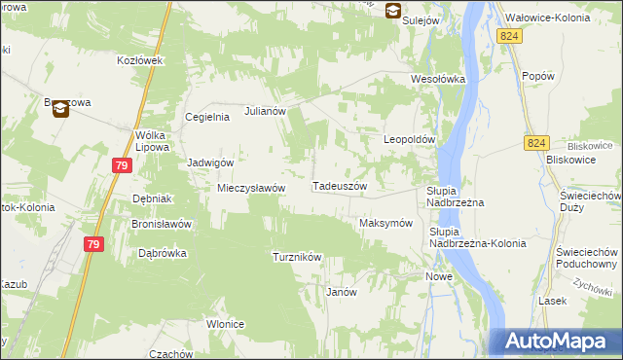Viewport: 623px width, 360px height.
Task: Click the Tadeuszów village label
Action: tap(339, 186)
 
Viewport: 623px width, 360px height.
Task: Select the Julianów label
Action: tap(265, 111)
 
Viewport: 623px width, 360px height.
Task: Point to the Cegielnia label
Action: tap(207, 118)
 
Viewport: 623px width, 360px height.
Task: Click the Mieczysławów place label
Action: tap(250, 188)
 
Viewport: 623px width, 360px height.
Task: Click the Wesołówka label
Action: tap(438, 79)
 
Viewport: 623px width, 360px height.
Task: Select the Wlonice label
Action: tap(225, 324)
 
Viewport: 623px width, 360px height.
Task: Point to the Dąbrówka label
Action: tap(163, 253)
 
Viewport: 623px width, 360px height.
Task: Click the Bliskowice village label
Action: tap(571, 159)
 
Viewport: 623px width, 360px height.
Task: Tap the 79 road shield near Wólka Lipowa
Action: tap(121, 165)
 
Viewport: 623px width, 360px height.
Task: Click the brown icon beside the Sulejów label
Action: tap(392, 12)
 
